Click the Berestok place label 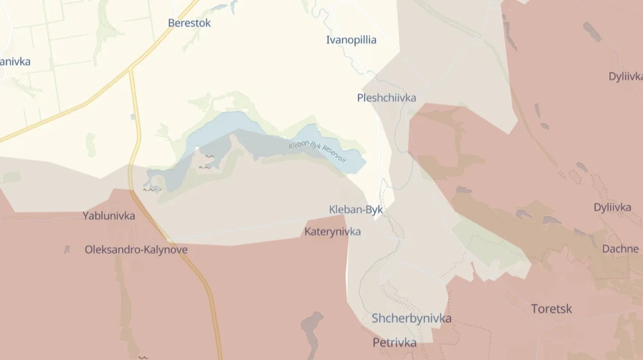point(189,23)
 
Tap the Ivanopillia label point(351,40)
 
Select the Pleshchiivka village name point(387,98)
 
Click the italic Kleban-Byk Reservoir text point(316,149)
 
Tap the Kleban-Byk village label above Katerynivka point(356,209)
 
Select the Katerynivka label point(332,231)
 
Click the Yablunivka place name point(109,215)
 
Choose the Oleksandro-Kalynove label point(136,249)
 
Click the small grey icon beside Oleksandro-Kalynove point(67,250)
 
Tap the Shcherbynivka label point(412,319)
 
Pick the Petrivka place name point(394,342)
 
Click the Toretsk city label point(551,309)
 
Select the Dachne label point(620,249)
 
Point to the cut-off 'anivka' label point(15,61)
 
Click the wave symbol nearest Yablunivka point(151,189)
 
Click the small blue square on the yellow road point(132,116)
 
